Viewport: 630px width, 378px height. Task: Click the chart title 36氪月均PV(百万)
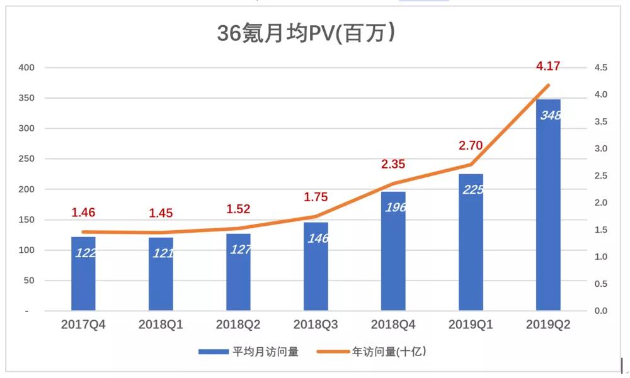[x=306, y=33]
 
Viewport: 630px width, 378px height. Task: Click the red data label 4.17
[x=548, y=65]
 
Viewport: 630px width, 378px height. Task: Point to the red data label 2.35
[x=393, y=165]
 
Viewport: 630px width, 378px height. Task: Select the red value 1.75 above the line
[x=316, y=197]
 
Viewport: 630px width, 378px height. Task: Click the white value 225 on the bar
[x=472, y=189]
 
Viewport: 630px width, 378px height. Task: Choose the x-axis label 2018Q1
[x=161, y=325]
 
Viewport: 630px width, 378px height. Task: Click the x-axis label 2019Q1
[x=470, y=325]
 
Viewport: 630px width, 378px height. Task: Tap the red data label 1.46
[x=83, y=213]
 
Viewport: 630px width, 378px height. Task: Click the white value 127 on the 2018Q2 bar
[x=238, y=250]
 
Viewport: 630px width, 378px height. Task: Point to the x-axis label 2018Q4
[x=393, y=325]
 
